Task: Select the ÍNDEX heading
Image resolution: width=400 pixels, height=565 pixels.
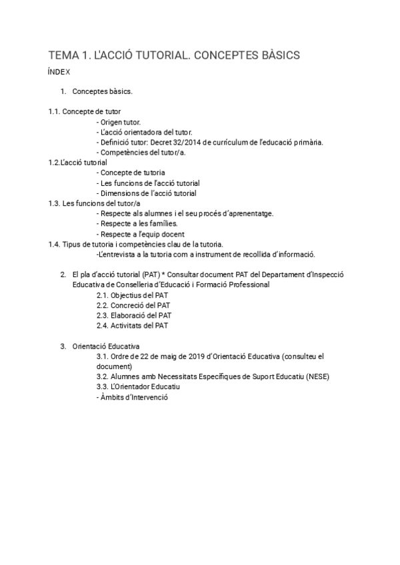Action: (59, 72)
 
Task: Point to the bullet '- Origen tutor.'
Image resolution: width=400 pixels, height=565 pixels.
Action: (119, 122)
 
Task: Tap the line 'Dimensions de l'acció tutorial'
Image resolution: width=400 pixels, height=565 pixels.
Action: (147, 193)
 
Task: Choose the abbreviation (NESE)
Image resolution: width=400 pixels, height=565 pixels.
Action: (315, 376)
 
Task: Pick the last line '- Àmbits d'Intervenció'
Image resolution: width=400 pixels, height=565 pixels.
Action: (132, 397)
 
